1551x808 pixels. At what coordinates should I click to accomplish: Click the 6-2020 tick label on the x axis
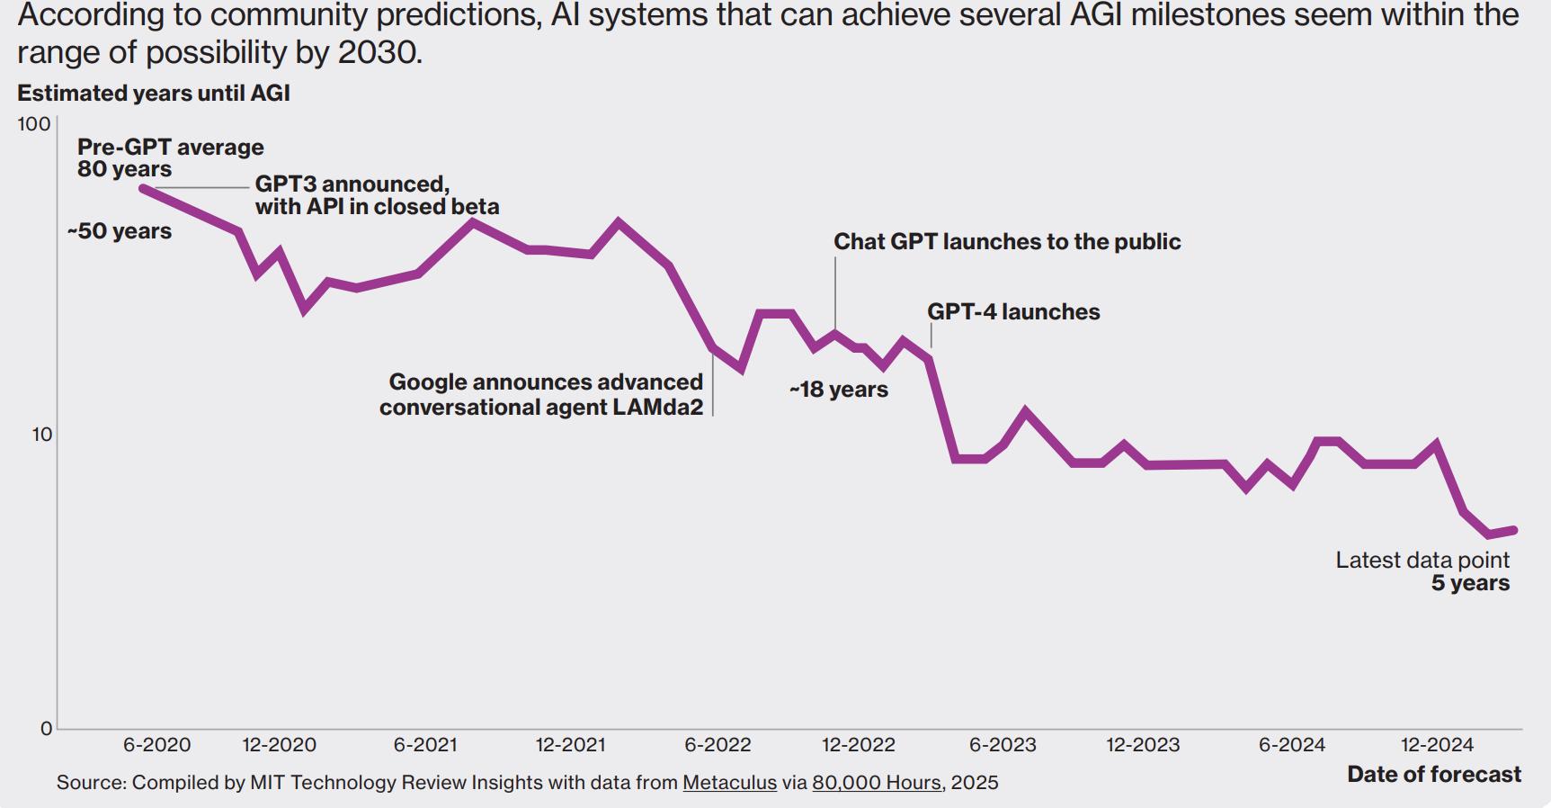pyautogui.click(x=156, y=745)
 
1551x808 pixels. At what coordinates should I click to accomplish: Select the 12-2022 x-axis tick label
pyautogui.click(x=858, y=745)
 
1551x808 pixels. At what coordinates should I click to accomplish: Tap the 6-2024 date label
pyautogui.click(x=1291, y=745)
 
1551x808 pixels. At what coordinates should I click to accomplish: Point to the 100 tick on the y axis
pyautogui.click(x=34, y=124)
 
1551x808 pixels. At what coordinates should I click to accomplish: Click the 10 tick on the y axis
pyautogui.click(x=42, y=435)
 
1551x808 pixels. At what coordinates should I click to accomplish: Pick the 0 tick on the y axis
pyautogui.click(x=47, y=729)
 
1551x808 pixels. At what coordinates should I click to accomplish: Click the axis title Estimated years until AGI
pyautogui.click(x=153, y=94)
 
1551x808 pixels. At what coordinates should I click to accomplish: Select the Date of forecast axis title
pyautogui.click(x=1433, y=775)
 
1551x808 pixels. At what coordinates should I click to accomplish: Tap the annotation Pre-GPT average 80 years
pyautogui.click(x=170, y=158)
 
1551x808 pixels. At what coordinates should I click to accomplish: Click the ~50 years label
pyautogui.click(x=120, y=231)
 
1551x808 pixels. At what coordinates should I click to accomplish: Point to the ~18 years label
pyautogui.click(x=839, y=390)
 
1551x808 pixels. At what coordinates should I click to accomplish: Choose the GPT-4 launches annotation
pyautogui.click(x=1013, y=312)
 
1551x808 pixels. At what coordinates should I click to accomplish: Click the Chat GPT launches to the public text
pyautogui.click(x=1007, y=242)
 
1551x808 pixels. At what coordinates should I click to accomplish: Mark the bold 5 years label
pyautogui.click(x=1470, y=583)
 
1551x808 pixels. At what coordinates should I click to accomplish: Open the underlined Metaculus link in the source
pyautogui.click(x=729, y=783)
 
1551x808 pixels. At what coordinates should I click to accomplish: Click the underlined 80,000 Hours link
pyautogui.click(x=877, y=783)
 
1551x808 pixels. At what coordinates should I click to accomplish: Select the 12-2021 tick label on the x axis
pyautogui.click(x=570, y=745)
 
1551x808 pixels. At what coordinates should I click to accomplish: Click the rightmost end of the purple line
pyautogui.click(x=1515, y=531)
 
